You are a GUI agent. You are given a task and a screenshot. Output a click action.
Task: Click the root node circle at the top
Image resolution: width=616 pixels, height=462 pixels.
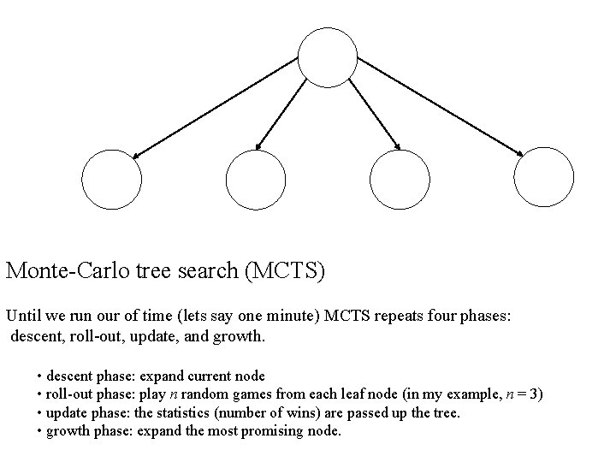[x=327, y=57]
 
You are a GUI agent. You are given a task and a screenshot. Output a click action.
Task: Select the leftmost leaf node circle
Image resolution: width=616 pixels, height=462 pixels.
[x=110, y=180]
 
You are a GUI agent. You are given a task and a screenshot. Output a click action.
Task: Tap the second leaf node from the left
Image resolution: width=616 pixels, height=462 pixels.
[x=255, y=180]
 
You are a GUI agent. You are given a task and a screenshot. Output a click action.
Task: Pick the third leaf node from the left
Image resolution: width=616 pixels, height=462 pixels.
[x=400, y=180]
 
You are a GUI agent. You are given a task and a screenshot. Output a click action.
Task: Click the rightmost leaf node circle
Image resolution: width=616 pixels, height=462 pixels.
[x=543, y=178]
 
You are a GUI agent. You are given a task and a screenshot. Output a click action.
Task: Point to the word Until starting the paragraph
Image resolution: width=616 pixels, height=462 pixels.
[x=23, y=316]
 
